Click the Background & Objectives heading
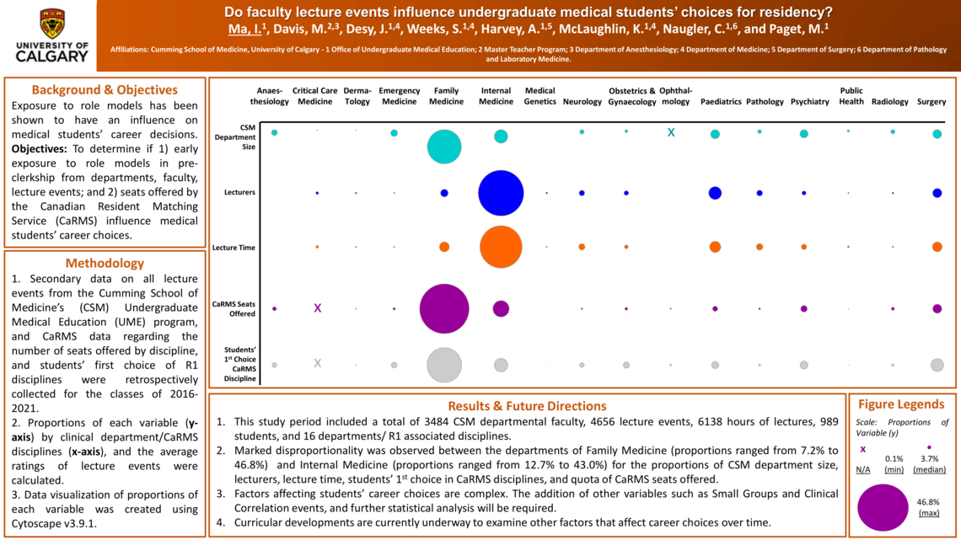[x=105, y=90]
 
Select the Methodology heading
[x=105, y=263]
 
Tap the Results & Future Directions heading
[x=527, y=406]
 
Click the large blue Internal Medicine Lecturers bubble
[x=501, y=193]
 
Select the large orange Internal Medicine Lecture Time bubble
[x=501, y=247]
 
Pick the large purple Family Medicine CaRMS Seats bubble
[x=443, y=309]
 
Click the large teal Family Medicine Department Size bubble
[x=443, y=147]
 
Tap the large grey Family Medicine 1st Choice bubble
[x=443, y=365]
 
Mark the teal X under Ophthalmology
[x=671, y=133]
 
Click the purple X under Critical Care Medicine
[x=317, y=309]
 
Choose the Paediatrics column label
[x=721, y=102]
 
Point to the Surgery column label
[x=931, y=102]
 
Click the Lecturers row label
[x=239, y=193]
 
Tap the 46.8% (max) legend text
[x=928, y=507]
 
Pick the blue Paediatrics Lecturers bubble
[x=715, y=193]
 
